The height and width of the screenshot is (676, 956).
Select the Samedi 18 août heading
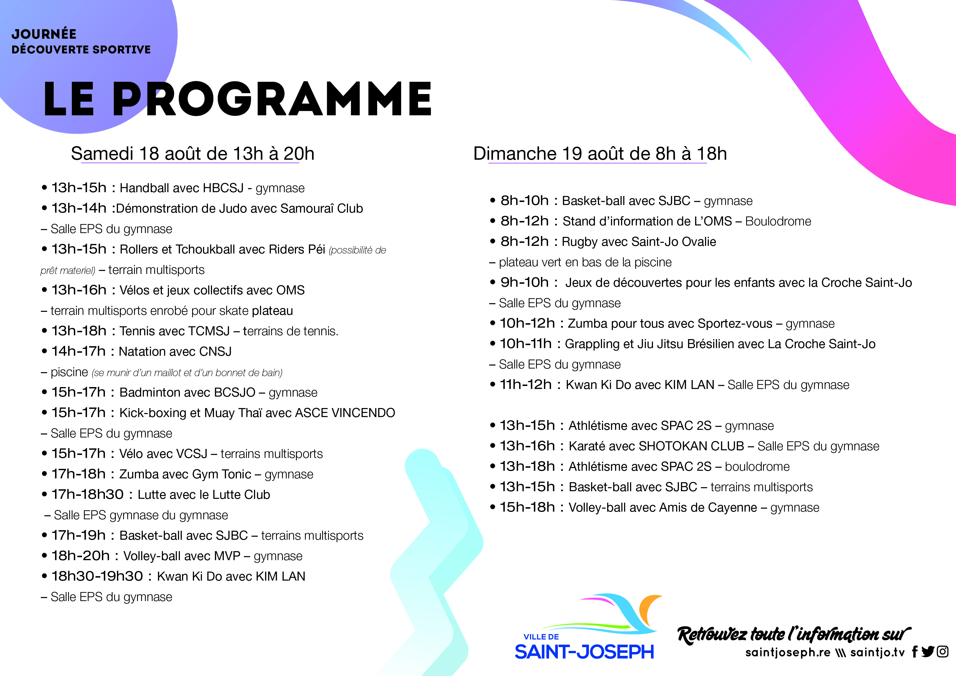[192, 154]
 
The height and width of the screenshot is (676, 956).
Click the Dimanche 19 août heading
[600, 154]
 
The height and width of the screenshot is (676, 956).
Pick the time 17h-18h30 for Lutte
[87, 494]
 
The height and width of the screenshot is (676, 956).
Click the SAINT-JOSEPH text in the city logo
[584, 652]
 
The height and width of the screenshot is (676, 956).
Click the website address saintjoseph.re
[788, 652]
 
